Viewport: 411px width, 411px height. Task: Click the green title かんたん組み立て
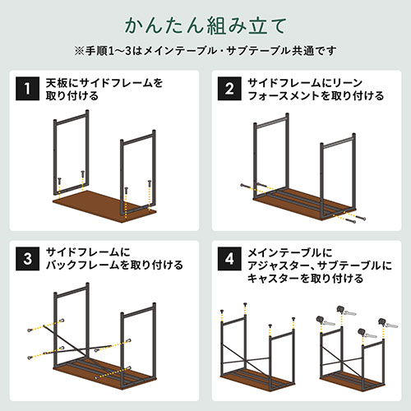(205, 23)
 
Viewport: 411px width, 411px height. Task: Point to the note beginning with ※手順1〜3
(205, 50)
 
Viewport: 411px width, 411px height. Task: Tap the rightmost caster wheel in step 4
(382, 322)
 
